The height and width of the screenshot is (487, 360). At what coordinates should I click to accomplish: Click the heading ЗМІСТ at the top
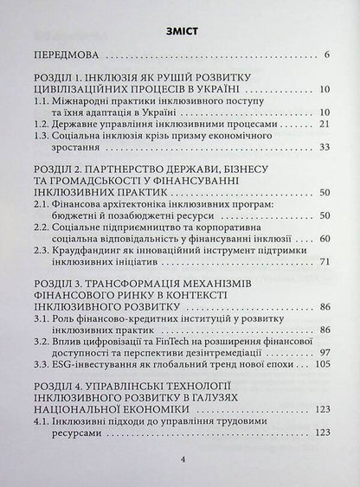[x=181, y=32]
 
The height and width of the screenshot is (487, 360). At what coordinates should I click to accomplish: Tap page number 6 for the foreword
[x=327, y=57]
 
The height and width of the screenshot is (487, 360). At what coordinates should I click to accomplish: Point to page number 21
[x=325, y=124]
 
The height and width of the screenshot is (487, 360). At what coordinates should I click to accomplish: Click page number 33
[x=325, y=148]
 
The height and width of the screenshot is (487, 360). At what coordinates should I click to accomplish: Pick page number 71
[x=325, y=262]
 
